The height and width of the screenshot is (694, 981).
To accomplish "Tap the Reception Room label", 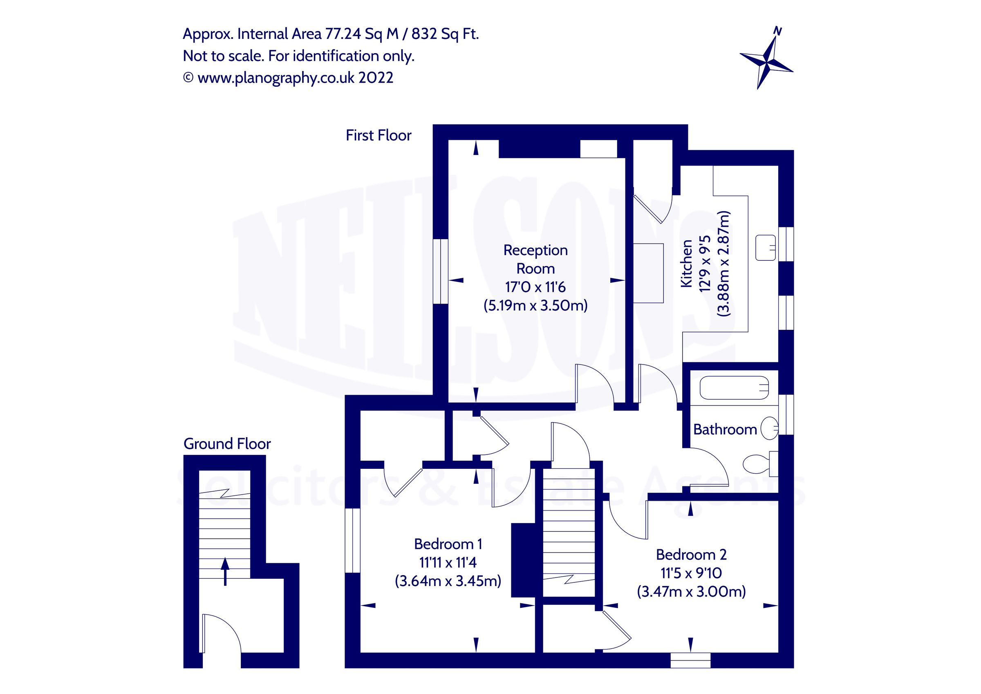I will pyautogui.click(x=535, y=259).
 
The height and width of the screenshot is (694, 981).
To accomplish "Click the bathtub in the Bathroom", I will pyautogui.click(x=734, y=387).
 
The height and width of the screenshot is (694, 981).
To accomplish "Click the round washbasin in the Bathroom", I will pyautogui.click(x=770, y=428).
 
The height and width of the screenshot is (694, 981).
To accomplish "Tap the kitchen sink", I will pyautogui.click(x=765, y=247).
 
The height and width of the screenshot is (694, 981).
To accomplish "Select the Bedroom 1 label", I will pyautogui.click(x=448, y=544).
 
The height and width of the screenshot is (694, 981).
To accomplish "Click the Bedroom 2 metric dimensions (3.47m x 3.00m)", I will pyautogui.click(x=691, y=591).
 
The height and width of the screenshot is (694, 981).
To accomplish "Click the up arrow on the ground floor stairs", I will pyautogui.click(x=225, y=571).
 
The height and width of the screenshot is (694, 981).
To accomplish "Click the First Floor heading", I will pyautogui.click(x=378, y=135).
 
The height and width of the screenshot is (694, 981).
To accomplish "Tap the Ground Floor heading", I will pyautogui.click(x=227, y=443).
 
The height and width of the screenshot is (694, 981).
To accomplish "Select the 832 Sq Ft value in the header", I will pyautogui.click(x=444, y=34).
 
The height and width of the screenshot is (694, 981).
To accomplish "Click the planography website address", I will pyautogui.click(x=275, y=78).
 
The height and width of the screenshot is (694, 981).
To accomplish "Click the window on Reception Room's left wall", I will pyautogui.click(x=441, y=271).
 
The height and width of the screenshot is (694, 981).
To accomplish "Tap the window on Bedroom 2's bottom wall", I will pyautogui.click(x=690, y=660).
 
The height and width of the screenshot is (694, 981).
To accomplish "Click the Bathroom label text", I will pyautogui.click(x=725, y=429).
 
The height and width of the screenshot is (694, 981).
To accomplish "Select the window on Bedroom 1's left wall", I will pyautogui.click(x=352, y=540).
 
